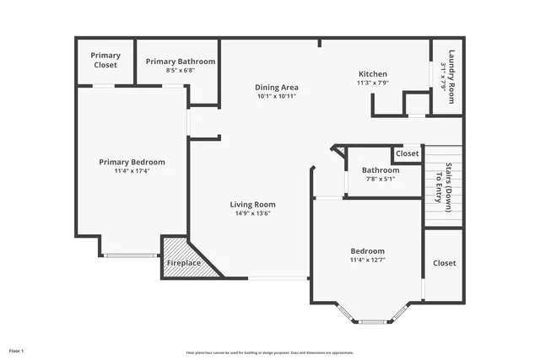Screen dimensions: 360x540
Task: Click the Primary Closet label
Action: pos(105,60)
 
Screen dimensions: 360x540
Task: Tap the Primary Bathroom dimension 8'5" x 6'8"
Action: pos(180,71)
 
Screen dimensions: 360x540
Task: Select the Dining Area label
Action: pos(277,87)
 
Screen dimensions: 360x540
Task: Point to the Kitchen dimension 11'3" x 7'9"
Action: pos(372,83)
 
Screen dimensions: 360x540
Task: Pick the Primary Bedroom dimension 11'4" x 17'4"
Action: pos(132,170)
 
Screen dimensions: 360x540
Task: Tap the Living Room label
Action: pos(253,204)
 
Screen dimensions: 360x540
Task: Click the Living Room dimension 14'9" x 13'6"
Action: pos(253,213)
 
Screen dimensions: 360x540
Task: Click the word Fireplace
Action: pos(183,263)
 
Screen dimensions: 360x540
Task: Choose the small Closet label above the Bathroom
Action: pos(407,153)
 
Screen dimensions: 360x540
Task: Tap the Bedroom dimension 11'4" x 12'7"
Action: pos(368,260)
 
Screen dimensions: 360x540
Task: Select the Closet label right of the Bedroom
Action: pos(444,263)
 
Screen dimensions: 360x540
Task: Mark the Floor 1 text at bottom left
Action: pos(17,350)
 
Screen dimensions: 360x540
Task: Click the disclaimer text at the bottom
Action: pos(270,352)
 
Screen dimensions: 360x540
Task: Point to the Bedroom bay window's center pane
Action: pos(372,321)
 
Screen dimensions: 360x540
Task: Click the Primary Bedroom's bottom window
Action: pos(131,255)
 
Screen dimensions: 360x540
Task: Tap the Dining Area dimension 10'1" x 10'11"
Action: pos(277,96)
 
